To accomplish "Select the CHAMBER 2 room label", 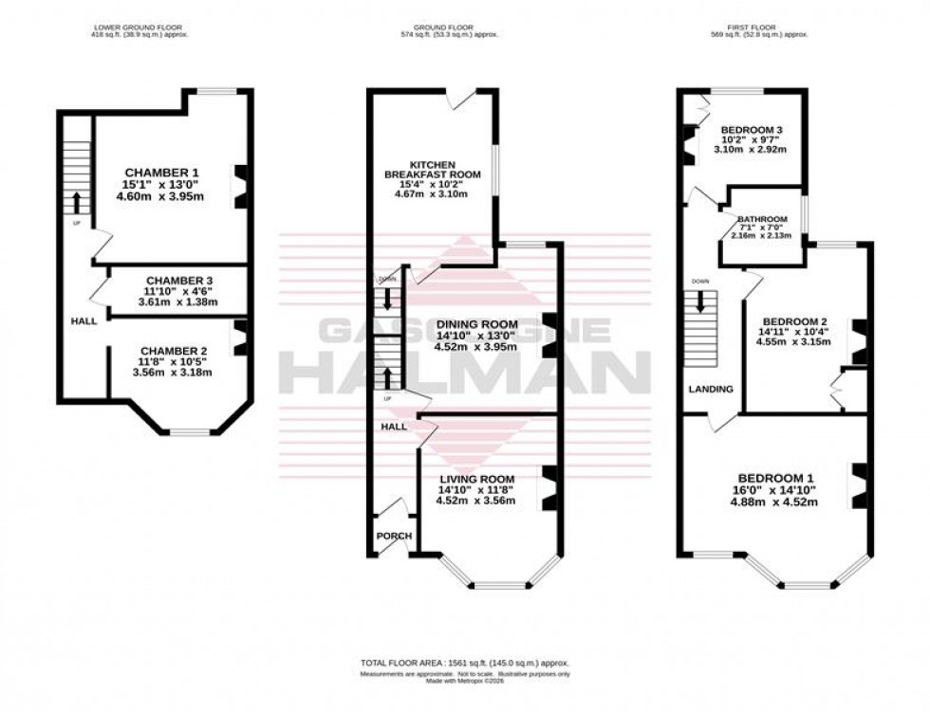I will (x=172, y=351).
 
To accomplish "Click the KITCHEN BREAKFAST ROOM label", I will (x=433, y=170).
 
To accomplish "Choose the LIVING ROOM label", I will (x=476, y=478).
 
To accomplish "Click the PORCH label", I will (x=394, y=536).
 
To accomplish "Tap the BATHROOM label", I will (x=766, y=219).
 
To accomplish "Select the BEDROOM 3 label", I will (x=751, y=129).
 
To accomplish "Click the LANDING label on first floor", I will (x=711, y=389).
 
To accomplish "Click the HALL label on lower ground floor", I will (x=84, y=321).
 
